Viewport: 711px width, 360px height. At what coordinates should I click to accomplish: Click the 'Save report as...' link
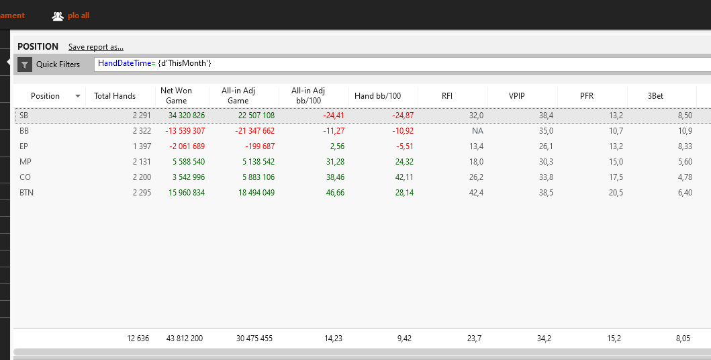point(96,47)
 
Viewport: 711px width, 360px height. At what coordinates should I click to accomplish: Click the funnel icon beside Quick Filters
point(24,64)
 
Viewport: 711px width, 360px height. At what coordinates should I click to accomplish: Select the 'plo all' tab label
point(79,15)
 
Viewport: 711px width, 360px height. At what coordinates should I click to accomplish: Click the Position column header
point(45,96)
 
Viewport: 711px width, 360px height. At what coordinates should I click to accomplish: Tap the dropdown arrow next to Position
point(78,96)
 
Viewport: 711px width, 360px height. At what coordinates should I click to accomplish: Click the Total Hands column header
point(115,96)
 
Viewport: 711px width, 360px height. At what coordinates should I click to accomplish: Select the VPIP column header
point(517,96)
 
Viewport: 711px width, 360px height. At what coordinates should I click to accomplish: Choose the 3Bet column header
point(656,96)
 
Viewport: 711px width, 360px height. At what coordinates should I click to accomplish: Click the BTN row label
point(26,193)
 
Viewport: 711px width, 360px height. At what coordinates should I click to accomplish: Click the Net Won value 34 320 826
point(187,116)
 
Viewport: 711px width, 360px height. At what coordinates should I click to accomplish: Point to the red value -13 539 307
point(185,131)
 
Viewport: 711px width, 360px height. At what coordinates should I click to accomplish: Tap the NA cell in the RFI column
point(477,131)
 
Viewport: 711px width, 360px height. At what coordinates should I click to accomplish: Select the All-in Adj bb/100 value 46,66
point(335,193)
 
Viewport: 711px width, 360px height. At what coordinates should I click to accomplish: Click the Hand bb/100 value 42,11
point(404,177)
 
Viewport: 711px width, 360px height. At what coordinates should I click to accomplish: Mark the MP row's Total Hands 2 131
point(142,162)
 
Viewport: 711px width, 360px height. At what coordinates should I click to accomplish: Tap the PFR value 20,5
point(615,193)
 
